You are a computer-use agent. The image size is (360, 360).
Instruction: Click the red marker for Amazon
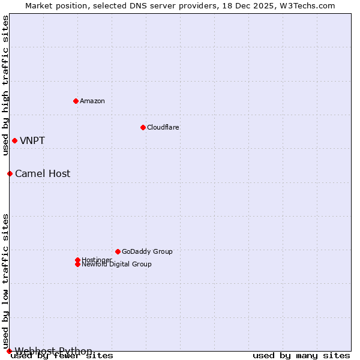[x=76, y=101]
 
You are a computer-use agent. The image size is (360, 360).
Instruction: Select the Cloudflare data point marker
[x=143, y=127]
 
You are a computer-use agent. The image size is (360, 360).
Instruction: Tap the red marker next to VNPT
[x=14, y=140]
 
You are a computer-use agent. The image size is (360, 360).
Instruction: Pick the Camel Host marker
[x=10, y=173]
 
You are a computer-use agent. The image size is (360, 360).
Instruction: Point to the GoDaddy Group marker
[x=118, y=251]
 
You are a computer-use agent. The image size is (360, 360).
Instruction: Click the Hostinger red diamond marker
[x=77, y=260]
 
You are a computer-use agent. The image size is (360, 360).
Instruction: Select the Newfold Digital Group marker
[x=77, y=264]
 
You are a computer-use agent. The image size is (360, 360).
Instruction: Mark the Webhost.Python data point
[x=9, y=351]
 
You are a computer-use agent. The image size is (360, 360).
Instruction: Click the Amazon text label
[x=92, y=101]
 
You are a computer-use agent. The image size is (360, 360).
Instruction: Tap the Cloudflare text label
[x=163, y=127]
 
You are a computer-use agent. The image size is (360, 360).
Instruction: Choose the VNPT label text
[x=32, y=141]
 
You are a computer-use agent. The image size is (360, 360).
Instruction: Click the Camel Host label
[x=43, y=174]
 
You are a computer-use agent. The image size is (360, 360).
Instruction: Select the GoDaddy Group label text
[x=147, y=251]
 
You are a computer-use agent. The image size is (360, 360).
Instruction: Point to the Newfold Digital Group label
[x=117, y=265]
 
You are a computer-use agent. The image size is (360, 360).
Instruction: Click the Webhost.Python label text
[x=53, y=351]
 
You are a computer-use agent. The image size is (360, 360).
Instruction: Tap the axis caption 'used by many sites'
[x=301, y=356]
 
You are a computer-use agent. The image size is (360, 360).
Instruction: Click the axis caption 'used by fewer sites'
[x=62, y=356]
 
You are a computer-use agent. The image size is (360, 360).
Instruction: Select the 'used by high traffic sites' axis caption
[x=5, y=85]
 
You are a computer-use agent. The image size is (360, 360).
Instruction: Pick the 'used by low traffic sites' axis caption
[x=5, y=281]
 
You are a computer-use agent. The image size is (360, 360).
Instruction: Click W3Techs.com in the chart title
[x=305, y=5]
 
